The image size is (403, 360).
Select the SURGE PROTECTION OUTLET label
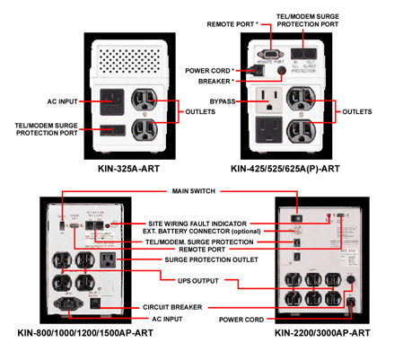pyautogui.click(x=203, y=261)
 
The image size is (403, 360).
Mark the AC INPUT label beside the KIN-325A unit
pyautogui.click(x=65, y=101)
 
